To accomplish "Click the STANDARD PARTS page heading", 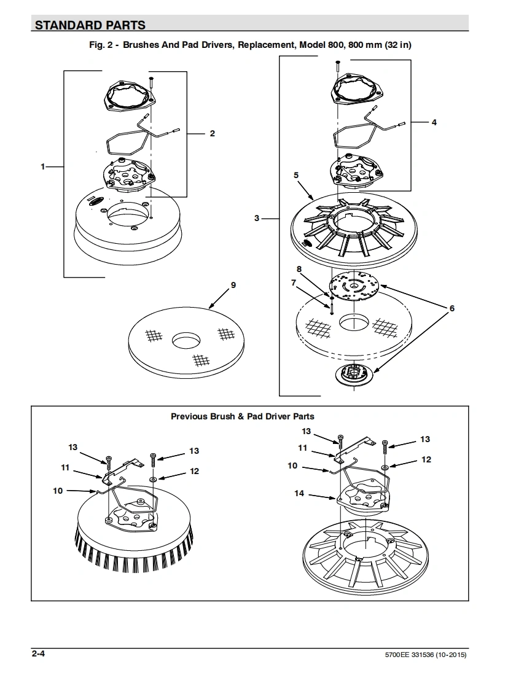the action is click(x=90, y=25).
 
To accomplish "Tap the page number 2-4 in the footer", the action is click(x=38, y=653).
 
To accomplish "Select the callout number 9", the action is click(x=233, y=285).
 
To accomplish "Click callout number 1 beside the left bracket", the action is click(x=42, y=166).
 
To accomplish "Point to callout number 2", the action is click(x=213, y=133).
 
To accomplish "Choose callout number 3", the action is click(x=257, y=218).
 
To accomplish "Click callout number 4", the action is click(x=434, y=122).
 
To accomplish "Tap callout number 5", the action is click(x=296, y=175).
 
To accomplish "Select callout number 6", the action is click(x=452, y=308).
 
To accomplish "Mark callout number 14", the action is click(x=299, y=494).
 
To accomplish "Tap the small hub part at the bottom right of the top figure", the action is click(x=353, y=375).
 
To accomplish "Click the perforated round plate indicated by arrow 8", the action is click(x=354, y=286).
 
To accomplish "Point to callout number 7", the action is click(x=294, y=282).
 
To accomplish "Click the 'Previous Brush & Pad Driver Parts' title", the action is click(x=243, y=416).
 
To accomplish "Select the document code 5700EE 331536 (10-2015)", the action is click(x=426, y=655).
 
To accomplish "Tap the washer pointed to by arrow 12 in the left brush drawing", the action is click(x=154, y=478).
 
